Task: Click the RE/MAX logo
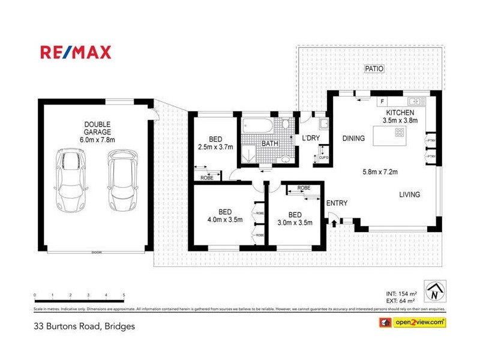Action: [x=76, y=52]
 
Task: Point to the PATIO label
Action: [x=374, y=69]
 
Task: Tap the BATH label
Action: [x=269, y=144]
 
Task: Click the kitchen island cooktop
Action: [x=398, y=135]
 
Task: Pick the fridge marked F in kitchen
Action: [x=381, y=102]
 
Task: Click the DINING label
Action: [x=353, y=139]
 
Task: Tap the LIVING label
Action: [x=410, y=194]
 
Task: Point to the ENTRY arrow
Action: [x=333, y=222]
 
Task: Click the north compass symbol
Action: [x=434, y=292]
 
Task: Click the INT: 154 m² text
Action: [x=403, y=293]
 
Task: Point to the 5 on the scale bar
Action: [x=124, y=295]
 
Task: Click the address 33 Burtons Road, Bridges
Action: [x=84, y=327]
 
